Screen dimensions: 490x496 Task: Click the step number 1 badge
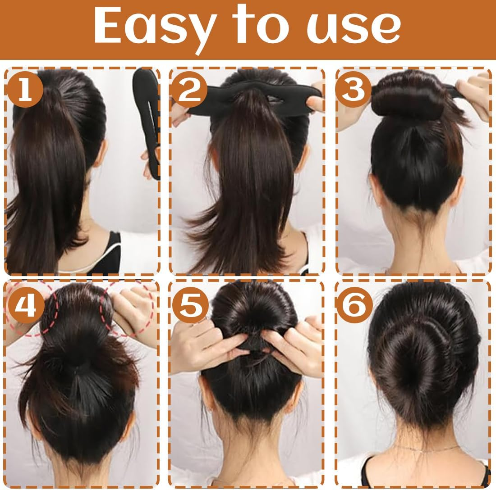(x=25, y=88)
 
